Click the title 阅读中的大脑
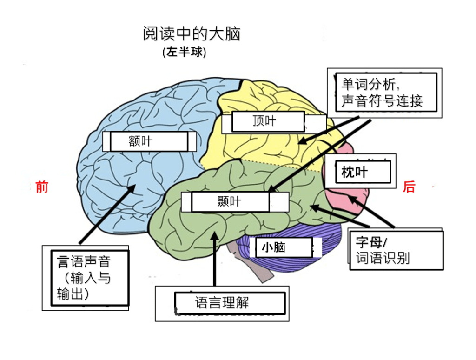click(192, 34)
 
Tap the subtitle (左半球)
click(184, 52)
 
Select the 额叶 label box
click(145, 141)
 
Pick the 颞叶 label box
click(230, 202)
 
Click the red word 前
click(42, 187)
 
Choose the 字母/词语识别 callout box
click(396, 250)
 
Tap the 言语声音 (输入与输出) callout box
click(88, 277)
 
